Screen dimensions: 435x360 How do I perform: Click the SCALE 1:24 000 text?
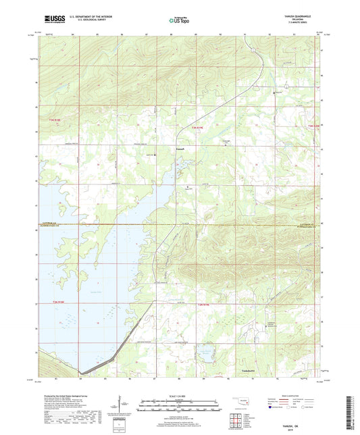click(x=179, y=395)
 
